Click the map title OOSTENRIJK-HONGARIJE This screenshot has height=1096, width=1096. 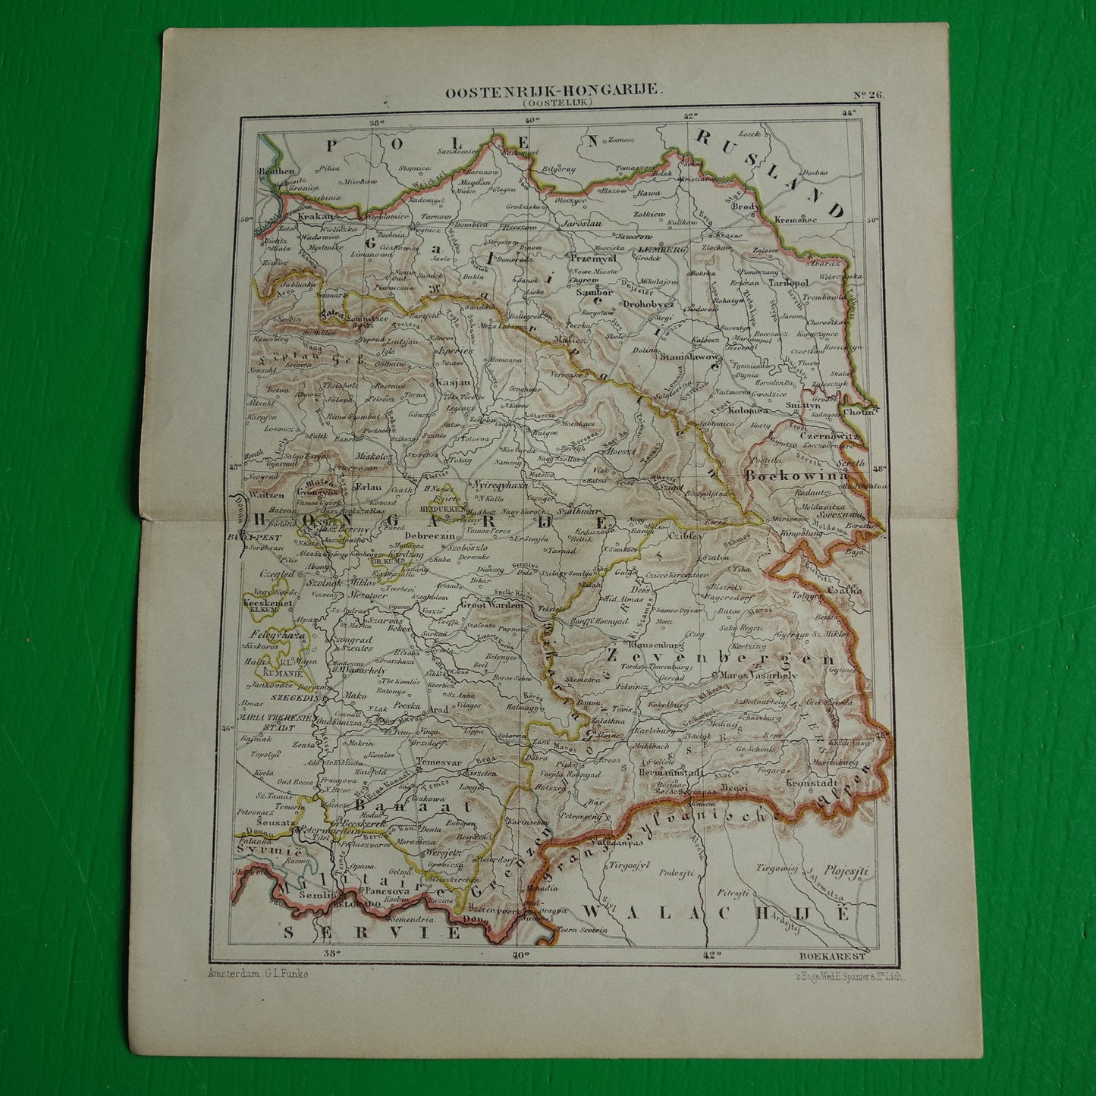[553, 90]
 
